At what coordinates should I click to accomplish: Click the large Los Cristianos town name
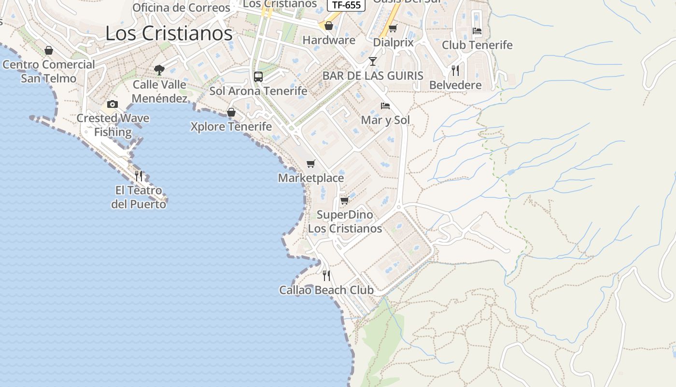pos(169,33)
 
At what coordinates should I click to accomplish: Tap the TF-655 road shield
pos(346,5)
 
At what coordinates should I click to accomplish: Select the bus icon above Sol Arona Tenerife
pos(258,76)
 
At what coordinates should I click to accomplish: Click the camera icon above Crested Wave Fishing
pos(113,104)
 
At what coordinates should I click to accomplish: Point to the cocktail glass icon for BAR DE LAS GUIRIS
pos(372,61)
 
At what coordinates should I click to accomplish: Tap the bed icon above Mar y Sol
pos(385,105)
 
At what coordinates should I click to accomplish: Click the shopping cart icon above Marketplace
pos(311,164)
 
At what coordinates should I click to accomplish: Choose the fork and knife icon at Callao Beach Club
pos(326,276)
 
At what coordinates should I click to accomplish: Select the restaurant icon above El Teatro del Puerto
pos(139,176)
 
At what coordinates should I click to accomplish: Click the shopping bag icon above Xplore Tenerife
pos(231,112)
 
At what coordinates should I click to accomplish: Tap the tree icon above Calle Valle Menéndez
pos(159,70)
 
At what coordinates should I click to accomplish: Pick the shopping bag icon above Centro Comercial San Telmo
pos(49,50)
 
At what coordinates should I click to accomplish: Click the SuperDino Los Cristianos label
pos(345,222)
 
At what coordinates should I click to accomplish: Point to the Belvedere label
pos(455,85)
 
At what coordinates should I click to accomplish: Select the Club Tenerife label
pos(477,45)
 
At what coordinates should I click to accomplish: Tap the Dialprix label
pos(393,43)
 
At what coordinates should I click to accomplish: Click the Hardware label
pos(329,40)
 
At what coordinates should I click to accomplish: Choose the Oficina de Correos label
pos(181,8)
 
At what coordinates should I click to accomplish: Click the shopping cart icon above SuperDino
pos(344,200)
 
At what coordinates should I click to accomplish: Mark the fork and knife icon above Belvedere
pos(455,70)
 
